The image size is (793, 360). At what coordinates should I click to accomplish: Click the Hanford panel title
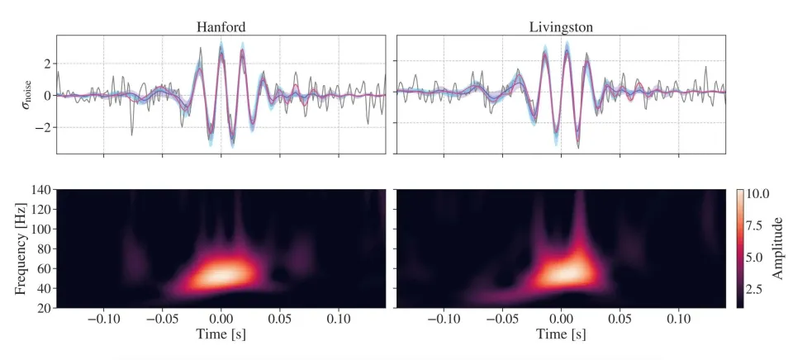[x=221, y=26]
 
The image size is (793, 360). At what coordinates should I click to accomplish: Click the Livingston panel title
[x=561, y=26]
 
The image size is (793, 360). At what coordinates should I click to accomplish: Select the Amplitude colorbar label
[x=777, y=248]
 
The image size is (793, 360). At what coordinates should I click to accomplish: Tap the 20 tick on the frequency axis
[x=45, y=308]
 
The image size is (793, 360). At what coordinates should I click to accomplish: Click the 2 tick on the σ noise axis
[x=49, y=64]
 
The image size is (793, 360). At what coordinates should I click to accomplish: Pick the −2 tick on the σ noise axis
[x=45, y=127]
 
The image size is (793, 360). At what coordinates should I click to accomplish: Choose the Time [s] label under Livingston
[x=561, y=335]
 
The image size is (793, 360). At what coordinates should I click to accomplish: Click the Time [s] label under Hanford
[x=221, y=335]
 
